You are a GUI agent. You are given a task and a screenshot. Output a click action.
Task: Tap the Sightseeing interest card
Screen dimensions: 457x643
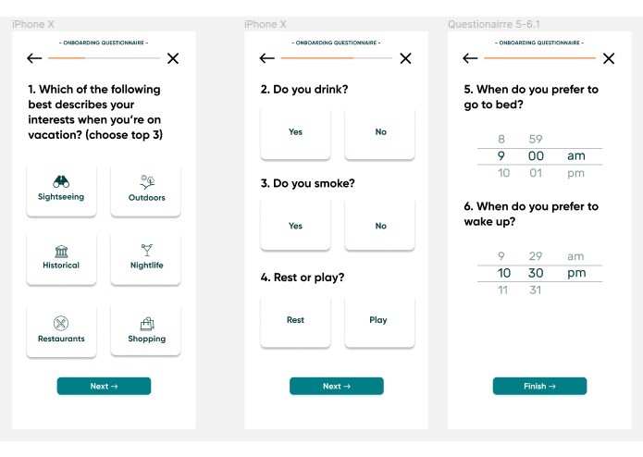pos(61,190)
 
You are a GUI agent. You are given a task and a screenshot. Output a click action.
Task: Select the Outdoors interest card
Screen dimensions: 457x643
pos(146,190)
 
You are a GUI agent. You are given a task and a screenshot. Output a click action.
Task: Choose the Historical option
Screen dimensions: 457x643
pos(61,258)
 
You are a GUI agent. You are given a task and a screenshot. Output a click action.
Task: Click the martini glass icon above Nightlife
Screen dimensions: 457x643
pos(146,250)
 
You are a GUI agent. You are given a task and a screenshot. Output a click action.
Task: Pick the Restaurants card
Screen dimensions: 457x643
pos(61,330)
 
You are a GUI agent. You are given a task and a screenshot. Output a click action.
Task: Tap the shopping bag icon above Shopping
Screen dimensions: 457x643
pos(146,323)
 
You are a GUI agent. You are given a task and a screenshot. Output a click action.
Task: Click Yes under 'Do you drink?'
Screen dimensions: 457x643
pos(295,132)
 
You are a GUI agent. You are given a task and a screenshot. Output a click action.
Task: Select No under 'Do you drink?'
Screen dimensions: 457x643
pos(380,132)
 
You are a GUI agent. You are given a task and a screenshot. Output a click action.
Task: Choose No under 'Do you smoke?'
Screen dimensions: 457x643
pos(380,226)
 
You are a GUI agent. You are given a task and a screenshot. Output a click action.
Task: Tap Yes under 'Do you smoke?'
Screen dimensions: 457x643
pos(295,226)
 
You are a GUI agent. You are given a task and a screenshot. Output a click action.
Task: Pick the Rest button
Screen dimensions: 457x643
pos(295,320)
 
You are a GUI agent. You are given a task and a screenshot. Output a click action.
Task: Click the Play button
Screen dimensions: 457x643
pos(378,320)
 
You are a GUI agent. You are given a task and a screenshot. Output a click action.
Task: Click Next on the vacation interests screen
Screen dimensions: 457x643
pos(104,386)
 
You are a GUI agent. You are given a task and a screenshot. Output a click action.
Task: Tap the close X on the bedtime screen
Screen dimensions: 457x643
pos(608,58)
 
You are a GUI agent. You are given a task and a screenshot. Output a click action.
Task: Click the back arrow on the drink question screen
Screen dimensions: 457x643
pos(267,58)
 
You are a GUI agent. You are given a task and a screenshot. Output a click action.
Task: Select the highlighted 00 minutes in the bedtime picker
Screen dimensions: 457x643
pos(536,156)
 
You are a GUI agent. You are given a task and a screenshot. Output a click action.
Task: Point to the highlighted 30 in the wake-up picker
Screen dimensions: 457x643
pos(536,273)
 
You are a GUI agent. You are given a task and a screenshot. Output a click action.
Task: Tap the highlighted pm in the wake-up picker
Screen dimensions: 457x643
pos(575,273)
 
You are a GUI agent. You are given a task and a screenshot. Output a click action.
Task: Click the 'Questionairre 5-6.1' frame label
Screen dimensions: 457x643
pos(493,24)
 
